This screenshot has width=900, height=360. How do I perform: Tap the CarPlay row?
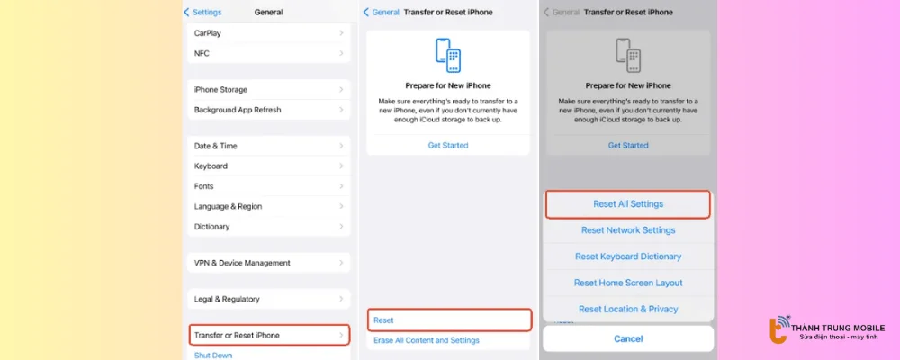pyautogui.click(x=268, y=33)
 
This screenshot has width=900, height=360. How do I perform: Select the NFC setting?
pyautogui.click(x=268, y=53)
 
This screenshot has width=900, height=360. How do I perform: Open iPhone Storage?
pyautogui.click(x=268, y=90)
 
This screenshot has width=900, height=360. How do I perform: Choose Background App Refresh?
pyautogui.click(x=268, y=110)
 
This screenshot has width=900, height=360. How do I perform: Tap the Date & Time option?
pyautogui.click(x=268, y=146)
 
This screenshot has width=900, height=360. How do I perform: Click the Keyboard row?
pyautogui.click(x=268, y=166)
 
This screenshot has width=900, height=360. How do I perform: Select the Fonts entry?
pyautogui.click(x=268, y=186)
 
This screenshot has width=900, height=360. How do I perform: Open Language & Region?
pyautogui.click(x=268, y=206)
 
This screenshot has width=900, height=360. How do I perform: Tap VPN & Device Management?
pyautogui.click(x=268, y=263)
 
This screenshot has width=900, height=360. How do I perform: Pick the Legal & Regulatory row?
pyautogui.click(x=268, y=299)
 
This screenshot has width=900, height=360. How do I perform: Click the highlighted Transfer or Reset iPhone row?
pyautogui.click(x=268, y=335)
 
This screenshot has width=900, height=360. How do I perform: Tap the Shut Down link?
pyautogui.click(x=213, y=355)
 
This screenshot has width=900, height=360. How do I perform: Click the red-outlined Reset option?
pyautogui.click(x=448, y=319)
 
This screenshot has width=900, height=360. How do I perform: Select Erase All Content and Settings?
pyautogui.click(x=427, y=340)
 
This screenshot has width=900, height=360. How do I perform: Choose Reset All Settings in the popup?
pyautogui.click(x=628, y=204)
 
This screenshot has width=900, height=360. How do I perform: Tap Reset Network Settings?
pyautogui.click(x=628, y=230)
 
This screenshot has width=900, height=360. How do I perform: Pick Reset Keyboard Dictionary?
pyautogui.click(x=628, y=256)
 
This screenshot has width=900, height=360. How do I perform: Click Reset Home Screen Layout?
pyautogui.click(x=628, y=283)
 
